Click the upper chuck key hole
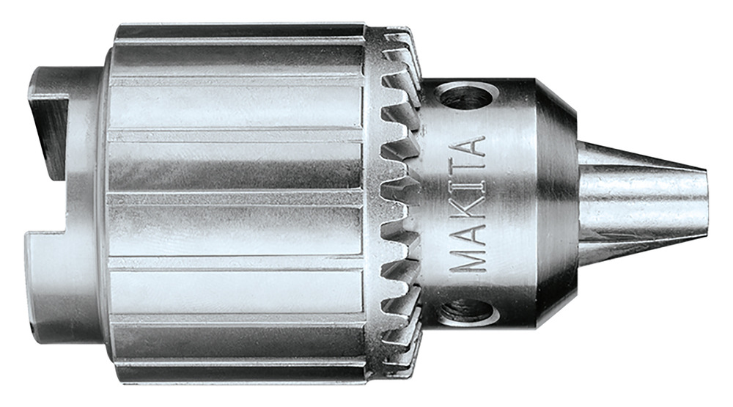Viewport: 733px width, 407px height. pyautogui.click(x=467, y=95)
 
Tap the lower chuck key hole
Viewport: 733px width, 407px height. pyautogui.click(x=466, y=311)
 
